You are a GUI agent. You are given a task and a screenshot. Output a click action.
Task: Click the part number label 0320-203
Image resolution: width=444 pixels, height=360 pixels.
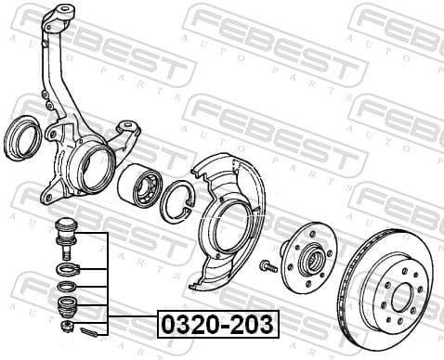pyautogui.click(x=217, y=325)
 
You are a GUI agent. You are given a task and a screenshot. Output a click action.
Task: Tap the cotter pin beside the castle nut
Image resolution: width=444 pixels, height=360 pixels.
pyautogui.click(x=89, y=328)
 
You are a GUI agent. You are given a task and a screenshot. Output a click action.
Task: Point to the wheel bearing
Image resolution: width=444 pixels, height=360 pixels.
pyautogui.click(x=142, y=186)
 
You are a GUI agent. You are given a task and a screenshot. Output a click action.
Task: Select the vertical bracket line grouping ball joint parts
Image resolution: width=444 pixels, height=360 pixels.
pyautogui.click(x=110, y=283)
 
